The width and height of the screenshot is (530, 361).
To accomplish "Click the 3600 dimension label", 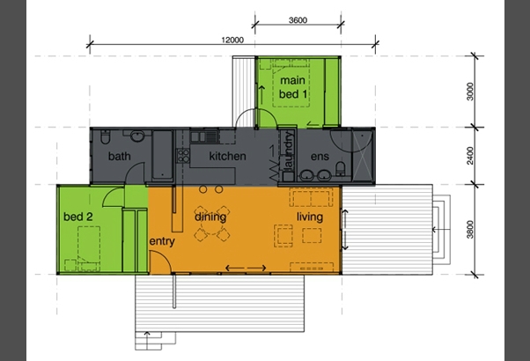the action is (298, 20).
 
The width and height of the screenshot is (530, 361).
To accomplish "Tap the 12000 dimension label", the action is (232, 40).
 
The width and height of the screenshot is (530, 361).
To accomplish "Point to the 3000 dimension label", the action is (470, 92).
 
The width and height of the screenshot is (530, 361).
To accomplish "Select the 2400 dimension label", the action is (470, 156).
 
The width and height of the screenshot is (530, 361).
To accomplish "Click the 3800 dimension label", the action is (470, 229).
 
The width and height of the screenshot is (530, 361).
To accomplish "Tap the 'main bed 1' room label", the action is (293, 87).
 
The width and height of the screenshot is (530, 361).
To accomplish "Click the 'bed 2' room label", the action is (78, 217).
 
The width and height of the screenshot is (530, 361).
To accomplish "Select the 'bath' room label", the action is (120, 156).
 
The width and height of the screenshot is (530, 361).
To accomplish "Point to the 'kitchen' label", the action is (227, 156).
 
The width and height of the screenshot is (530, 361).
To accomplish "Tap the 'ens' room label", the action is (320, 156).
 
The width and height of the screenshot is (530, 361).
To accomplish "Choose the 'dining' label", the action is (210, 217).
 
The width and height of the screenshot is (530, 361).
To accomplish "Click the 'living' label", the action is (310, 217).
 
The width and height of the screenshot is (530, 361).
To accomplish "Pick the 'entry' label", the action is (162, 241).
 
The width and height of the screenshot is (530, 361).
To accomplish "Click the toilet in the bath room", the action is (105, 136).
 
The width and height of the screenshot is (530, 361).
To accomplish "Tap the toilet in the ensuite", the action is (341, 169).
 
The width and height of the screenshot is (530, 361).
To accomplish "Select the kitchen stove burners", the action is (183, 156).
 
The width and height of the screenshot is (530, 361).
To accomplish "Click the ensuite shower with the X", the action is (363, 156).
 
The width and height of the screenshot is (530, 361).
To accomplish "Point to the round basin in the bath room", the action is (137, 136).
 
